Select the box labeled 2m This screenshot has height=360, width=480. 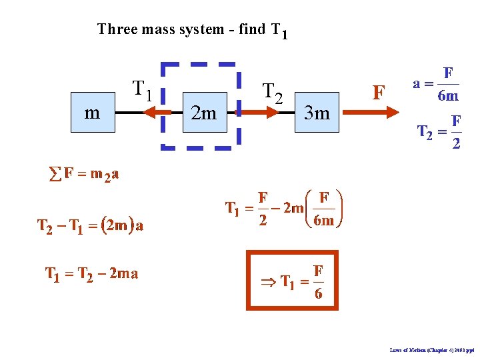203,113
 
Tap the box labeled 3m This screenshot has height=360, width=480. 317,113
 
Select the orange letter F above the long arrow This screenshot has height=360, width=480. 378,92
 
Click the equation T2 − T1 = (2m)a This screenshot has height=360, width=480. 90,225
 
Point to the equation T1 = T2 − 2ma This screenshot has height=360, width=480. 91,273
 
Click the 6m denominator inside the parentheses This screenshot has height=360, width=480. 323,221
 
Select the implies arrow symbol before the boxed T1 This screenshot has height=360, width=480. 268,282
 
